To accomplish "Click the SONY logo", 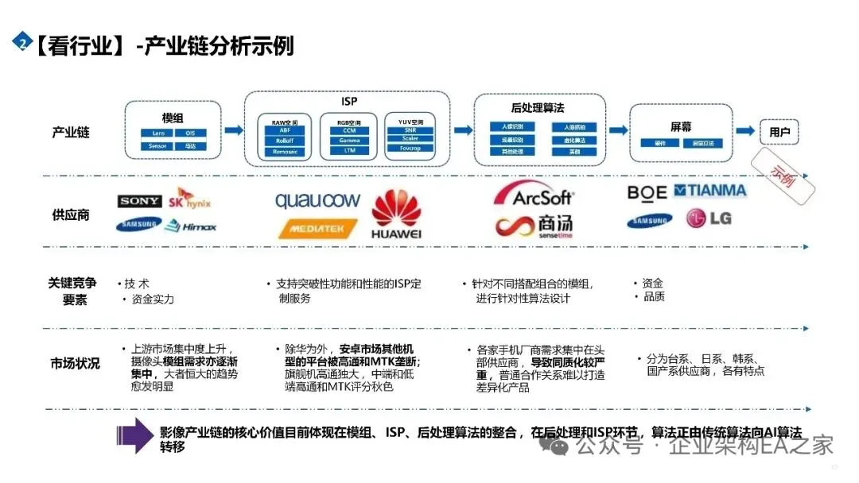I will tap(140, 202).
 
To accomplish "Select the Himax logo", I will tap(190, 226).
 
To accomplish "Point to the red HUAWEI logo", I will tap(396, 214).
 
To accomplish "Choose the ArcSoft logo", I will tap(532, 195).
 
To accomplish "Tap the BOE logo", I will tap(647, 192).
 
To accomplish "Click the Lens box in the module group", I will tap(154, 133).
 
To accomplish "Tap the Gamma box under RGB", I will tap(349, 141).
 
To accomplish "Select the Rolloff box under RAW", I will tap(285, 141).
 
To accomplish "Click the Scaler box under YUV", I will tap(410, 138).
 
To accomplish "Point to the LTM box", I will tap(349, 150).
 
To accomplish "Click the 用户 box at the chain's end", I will tap(779, 132).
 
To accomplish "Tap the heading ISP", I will tap(348, 101).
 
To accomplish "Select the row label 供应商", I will tap(71, 214).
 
